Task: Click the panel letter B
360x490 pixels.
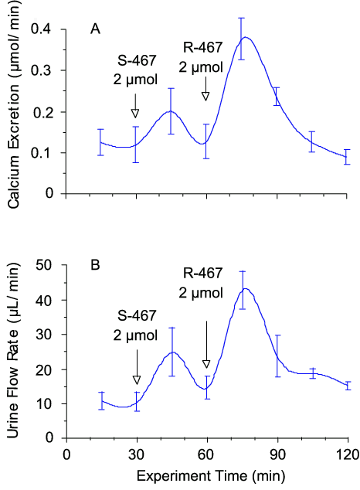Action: (x=95, y=266)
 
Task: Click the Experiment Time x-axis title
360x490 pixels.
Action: (x=208, y=472)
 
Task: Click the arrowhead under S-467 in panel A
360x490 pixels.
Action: (x=136, y=114)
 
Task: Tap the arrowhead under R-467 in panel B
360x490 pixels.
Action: (x=206, y=364)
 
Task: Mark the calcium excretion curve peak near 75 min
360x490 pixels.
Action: (x=245, y=37)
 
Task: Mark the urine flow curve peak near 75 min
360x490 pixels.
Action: (x=245, y=289)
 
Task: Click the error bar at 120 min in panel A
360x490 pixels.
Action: (x=347, y=156)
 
